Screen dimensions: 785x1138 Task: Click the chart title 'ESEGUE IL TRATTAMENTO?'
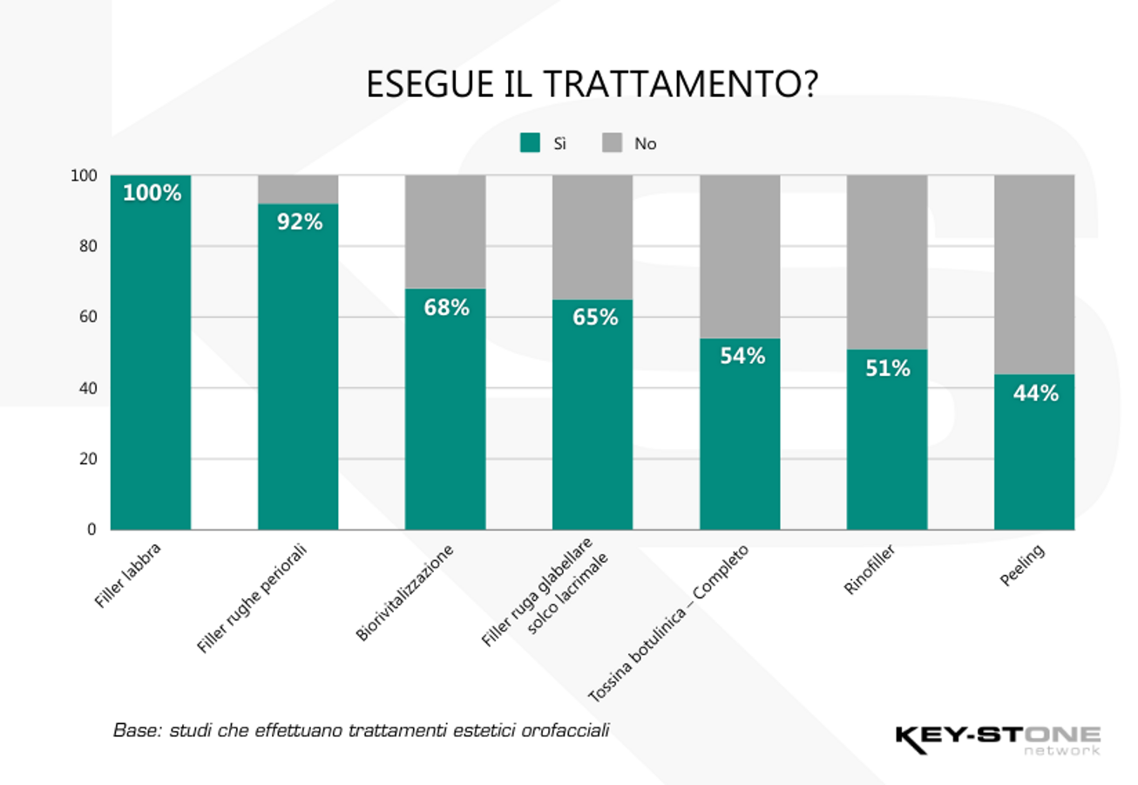pos(591,85)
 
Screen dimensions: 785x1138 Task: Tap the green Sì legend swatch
pos(530,144)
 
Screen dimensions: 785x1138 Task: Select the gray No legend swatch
pos(612,144)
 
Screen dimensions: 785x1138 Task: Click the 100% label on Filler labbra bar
pos(152,193)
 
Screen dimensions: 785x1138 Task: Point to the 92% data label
pos(300,222)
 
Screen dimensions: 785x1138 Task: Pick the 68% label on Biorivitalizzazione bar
pos(446,307)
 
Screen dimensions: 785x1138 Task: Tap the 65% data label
pos(594,317)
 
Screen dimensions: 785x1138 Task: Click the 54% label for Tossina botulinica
pos(742,356)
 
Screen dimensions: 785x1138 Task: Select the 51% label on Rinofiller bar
pos(888,368)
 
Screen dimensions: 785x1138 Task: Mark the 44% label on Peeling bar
pos(1035,393)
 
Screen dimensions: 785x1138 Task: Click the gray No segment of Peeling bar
pos(1034,274)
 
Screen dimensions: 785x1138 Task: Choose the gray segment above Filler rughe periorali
pos(298,188)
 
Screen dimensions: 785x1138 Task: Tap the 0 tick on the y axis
pos(91,530)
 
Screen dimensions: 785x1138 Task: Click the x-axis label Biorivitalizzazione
pos(407,593)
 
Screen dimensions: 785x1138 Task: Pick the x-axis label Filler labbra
pos(128,575)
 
